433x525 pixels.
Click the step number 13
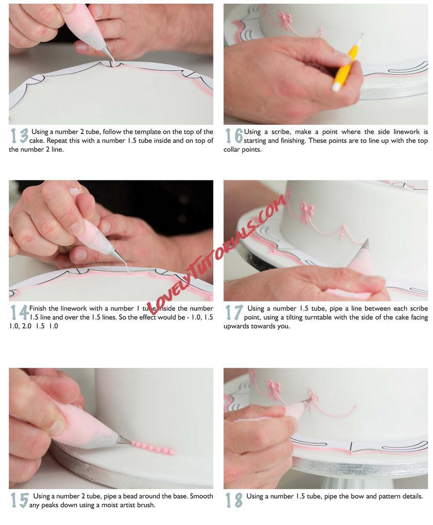[x=19, y=136]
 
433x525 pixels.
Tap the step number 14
[x=20, y=313]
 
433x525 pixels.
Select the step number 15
[x=19, y=500]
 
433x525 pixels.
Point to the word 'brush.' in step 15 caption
[x=146, y=504]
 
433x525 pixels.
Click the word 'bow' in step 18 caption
[x=358, y=496]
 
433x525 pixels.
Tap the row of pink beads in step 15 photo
[x=154, y=448]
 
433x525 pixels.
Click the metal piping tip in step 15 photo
[x=124, y=440]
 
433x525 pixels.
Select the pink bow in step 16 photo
[x=285, y=20]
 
